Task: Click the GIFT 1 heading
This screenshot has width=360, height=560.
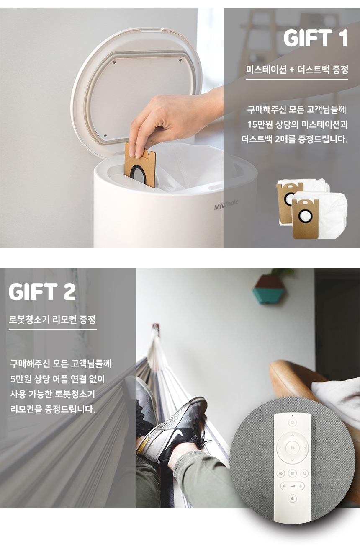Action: (x=316, y=38)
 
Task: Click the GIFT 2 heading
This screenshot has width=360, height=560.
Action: (x=42, y=292)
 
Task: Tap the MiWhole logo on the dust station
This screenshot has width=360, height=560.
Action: (x=226, y=205)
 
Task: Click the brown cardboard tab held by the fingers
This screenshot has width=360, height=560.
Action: (x=140, y=165)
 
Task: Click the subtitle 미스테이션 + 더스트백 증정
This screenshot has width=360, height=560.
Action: (x=297, y=70)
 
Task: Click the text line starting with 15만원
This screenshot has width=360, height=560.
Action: (x=298, y=124)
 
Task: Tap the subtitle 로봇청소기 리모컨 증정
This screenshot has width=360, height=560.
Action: (x=52, y=319)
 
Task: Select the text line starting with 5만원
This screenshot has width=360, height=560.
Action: (x=58, y=379)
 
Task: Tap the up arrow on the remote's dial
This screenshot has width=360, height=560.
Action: (x=292, y=435)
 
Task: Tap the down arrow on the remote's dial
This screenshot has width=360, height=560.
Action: (x=292, y=460)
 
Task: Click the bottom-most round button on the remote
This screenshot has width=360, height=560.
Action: (x=293, y=498)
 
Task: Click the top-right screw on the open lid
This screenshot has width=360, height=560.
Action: (x=180, y=60)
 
